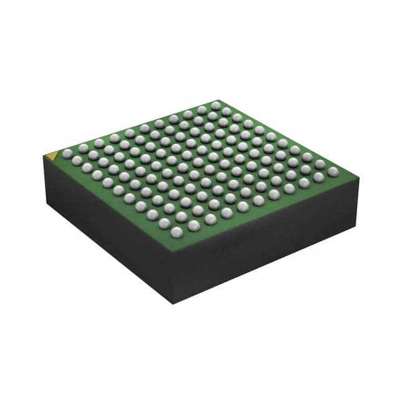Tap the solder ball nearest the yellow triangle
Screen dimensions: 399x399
(x=67, y=153)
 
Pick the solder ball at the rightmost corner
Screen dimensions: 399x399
(x=333, y=171)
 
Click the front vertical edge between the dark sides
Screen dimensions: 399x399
(x=173, y=278)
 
